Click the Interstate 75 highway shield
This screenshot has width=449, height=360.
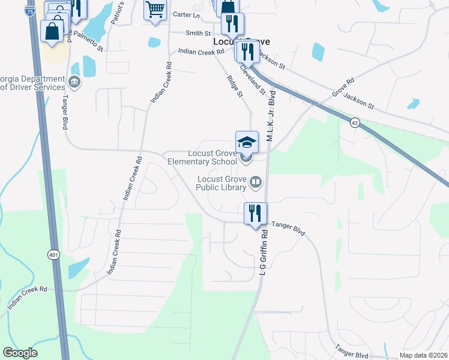pyautogui.click(x=30, y=10)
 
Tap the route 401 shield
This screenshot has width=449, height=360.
pyautogui.click(x=53, y=254)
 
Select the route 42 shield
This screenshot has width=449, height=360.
pyautogui.click(x=355, y=122)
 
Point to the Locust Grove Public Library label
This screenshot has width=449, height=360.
pyautogui.click(x=222, y=183)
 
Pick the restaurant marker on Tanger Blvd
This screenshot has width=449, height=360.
pyautogui.click(x=255, y=213)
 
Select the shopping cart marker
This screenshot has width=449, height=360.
pyautogui.click(x=155, y=10)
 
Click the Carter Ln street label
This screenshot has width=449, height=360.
pyautogui.click(x=185, y=14)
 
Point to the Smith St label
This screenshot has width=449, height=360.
pyautogui.click(x=198, y=34)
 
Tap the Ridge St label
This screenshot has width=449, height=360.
pyautogui.click(x=235, y=86)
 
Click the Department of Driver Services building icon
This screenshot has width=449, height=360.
pyautogui.click(x=74, y=82)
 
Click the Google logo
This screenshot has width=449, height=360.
pyautogui.click(x=20, y=353)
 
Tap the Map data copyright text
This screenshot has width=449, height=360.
pyautogui.click(x=423, y=355)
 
